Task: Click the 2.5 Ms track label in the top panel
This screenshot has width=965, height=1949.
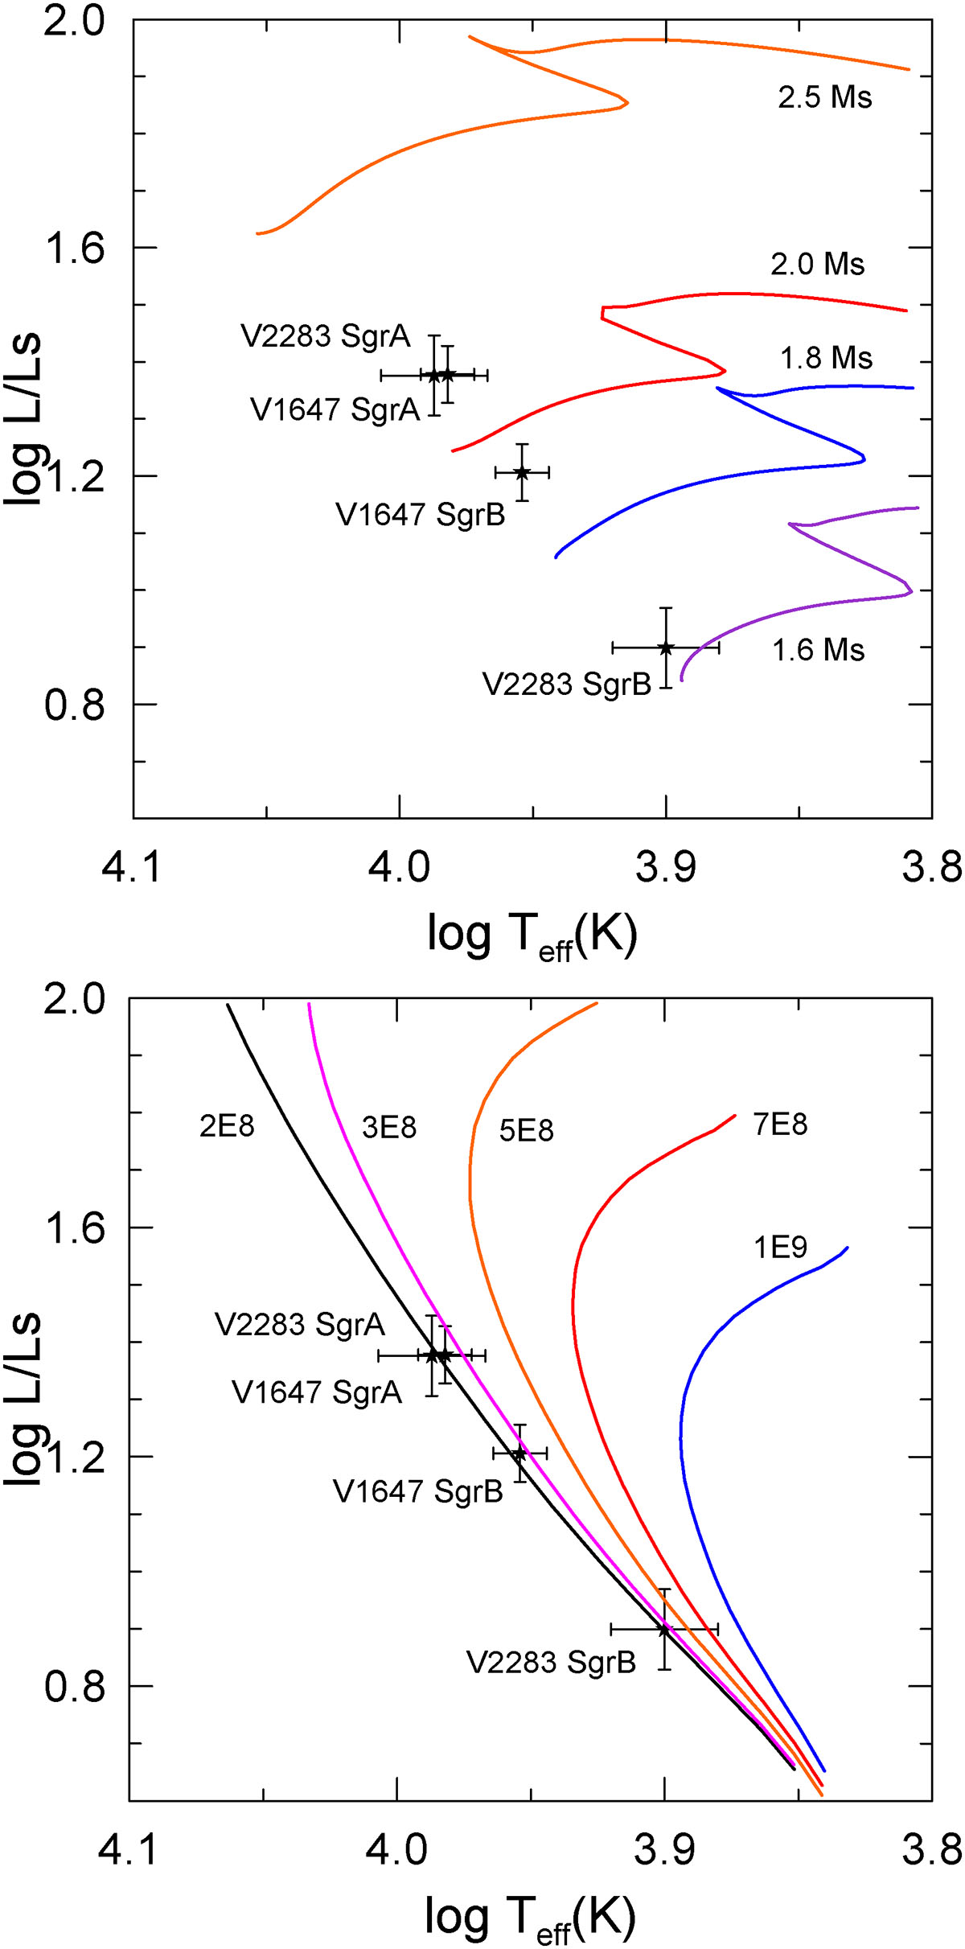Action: tap(824, 97)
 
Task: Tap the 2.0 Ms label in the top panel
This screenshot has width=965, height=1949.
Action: tap(817, 264)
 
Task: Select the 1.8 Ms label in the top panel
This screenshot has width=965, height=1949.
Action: tap(826, 358)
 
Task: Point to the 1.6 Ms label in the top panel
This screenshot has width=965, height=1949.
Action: tap(818, 650)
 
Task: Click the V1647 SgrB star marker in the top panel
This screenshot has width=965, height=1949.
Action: tap(522, 472)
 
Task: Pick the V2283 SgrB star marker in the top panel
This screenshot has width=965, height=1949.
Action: tap(665, 648)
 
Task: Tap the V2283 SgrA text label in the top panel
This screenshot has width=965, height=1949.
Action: tap(326, 336)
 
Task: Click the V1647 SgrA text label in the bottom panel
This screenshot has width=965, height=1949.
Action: tap(317, 1392)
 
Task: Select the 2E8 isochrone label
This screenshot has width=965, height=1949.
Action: tap(227, 1126)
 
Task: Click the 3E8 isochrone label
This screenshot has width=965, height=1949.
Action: tap(389, 1128)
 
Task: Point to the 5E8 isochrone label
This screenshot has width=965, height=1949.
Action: tap(526, 1131)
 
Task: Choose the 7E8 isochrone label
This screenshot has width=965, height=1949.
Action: tap(780, 1125)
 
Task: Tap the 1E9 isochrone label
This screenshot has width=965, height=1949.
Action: tap(780, 1248)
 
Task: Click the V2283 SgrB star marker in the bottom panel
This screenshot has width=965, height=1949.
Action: tap(663, 1629)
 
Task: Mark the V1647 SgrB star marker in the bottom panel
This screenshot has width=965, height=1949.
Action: tap(519, 1454)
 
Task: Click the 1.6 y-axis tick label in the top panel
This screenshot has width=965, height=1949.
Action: tap(74, 248)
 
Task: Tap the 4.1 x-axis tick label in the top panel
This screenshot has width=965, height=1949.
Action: tap(132, 868)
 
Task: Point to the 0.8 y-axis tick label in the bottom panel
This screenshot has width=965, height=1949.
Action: tap(74, 1686)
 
